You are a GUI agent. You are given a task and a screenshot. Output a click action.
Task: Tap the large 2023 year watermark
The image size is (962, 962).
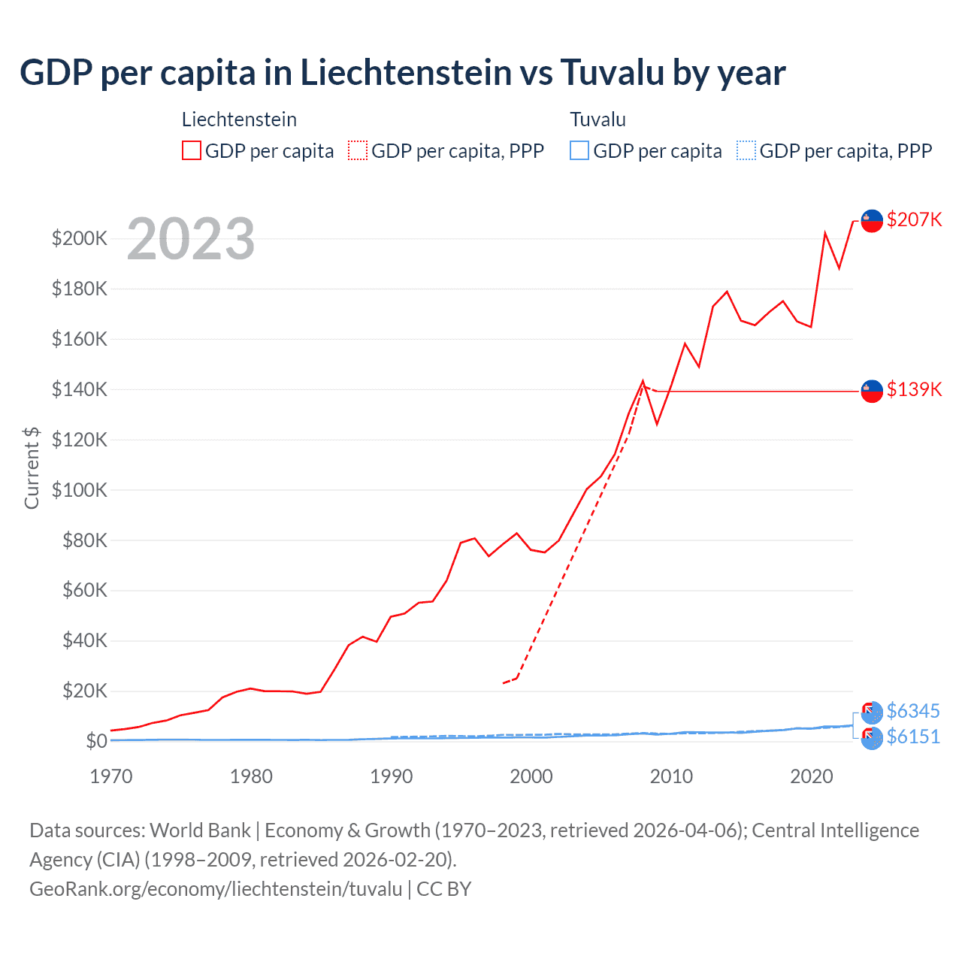pyautogui.click(x=191, y=239)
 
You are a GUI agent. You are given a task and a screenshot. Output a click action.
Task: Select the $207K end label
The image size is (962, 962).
pyautogui.click(x=914, y=219)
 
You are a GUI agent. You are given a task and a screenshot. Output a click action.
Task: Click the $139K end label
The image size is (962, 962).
pyautogui.click(x=914, y=389)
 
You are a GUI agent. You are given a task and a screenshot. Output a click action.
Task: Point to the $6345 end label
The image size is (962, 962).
pyautogui.click(x=913, y=711)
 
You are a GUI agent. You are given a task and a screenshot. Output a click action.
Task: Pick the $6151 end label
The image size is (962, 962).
pyautogui.click(x=913, y=737)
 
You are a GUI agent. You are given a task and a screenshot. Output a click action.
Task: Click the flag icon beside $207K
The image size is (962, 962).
pyautogui.click(x=871, y=220)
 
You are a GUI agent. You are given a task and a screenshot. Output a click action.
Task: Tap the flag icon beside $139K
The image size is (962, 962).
pyautogui.click(x=871, y=391)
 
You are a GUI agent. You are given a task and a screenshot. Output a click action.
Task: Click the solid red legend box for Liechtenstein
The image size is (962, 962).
pyautogui.click(x=192, y=150)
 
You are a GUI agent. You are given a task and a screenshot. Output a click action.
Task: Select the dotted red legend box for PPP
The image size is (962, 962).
pyautogui.click(x=358, y=150)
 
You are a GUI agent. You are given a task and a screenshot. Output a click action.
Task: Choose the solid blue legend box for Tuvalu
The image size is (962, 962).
pyautogui.click(x=579, y=150)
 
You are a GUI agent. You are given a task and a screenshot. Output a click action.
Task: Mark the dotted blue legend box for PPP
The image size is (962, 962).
pyautogui.click(x=746, y=150)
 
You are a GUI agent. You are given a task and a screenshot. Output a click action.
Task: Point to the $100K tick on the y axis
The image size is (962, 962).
pyautogui.click(x=80, y=490)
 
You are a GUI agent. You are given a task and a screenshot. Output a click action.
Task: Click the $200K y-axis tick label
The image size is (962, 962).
pyautogui.click(x=80, y=239)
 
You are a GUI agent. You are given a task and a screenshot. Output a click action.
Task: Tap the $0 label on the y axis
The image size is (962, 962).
pyautogui.click(x=96, y=741)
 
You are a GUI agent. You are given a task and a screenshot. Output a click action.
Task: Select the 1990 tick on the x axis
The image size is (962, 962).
pyautogui.click(x=391, y=776)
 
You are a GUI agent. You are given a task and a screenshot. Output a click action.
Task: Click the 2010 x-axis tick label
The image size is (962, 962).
pyautogui.click(x=671, y=776)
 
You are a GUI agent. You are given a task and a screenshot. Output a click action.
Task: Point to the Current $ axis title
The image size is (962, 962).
pyautogui.click(x=32, y=467)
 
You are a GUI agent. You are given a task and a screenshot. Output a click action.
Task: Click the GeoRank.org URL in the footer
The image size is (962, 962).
pyautogui.click(x=216, y=889)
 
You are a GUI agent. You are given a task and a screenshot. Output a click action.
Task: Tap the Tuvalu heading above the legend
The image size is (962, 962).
pyautogui.click(x=597, y=119)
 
